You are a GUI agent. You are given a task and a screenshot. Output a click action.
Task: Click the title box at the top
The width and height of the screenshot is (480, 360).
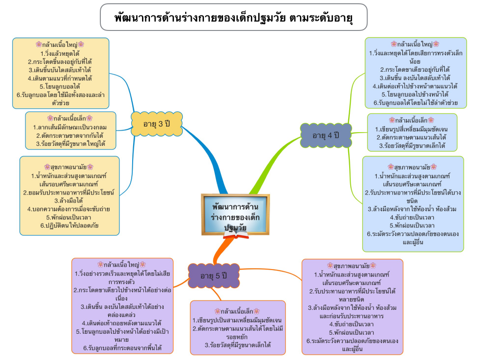(x=233, y=18)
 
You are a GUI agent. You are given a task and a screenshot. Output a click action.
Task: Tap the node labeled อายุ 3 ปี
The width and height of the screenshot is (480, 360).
(x=156, y=124)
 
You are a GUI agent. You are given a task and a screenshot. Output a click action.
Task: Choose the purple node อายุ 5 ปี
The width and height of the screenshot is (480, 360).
(x=213, y=275)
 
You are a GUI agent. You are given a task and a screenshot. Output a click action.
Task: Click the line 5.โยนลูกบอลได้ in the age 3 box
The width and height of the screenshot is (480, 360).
(x=60, y=87)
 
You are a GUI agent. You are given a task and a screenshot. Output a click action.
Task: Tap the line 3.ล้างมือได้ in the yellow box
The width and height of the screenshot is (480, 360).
(x=69, y=200)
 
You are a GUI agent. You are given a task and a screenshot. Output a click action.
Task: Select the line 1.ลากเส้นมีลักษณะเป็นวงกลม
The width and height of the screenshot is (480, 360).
(x=70, y=127)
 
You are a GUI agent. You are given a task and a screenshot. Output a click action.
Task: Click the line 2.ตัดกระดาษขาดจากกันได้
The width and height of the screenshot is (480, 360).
(x=70, y=136)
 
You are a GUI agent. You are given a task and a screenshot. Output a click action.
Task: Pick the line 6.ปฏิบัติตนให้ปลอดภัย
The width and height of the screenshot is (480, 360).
(x=69, y=225)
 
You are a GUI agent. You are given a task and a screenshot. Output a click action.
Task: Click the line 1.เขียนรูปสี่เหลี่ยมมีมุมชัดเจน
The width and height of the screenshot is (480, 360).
(x=412, y=129)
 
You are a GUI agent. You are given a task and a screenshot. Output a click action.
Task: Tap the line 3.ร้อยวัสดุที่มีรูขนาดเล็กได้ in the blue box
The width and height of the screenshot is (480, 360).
(x=412, y=146)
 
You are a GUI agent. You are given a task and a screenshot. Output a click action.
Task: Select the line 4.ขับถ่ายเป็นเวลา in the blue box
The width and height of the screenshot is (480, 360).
(x=412, y=217)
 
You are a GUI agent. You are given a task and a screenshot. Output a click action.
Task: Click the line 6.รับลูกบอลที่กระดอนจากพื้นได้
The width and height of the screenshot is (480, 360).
(x=121, y=348)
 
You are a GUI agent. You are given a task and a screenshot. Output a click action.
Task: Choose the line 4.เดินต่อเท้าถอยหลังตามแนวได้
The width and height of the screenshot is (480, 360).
(x=121, y=323)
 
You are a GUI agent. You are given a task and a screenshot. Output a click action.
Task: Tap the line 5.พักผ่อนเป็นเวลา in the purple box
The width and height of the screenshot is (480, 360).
(x=352, y=332)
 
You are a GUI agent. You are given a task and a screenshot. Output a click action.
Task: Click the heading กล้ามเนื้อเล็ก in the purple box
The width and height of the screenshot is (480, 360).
(x=237, y=311)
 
